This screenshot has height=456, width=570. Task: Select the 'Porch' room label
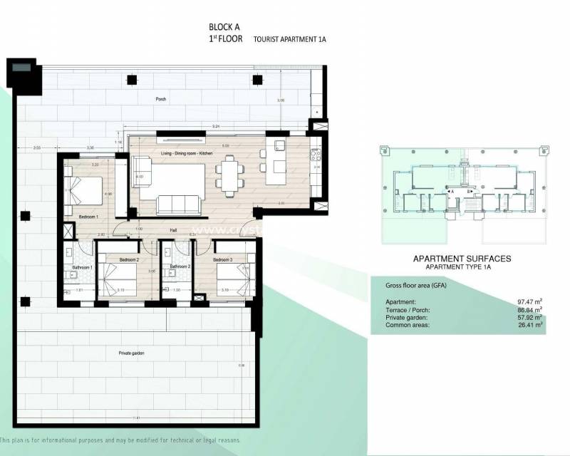click(x=160, y=99)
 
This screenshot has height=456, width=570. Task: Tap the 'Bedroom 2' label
click(x=128, y=259)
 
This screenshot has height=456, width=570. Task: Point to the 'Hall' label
click(x=173, y=230)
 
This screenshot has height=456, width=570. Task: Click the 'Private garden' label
click(x=133, y=353)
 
